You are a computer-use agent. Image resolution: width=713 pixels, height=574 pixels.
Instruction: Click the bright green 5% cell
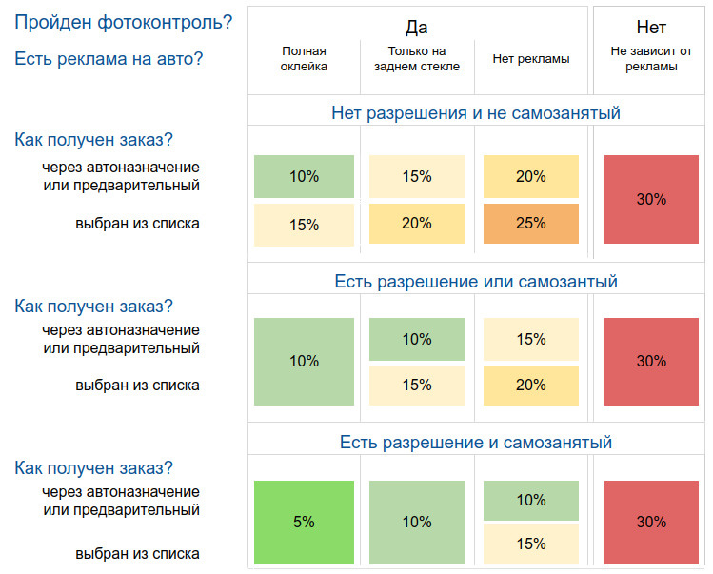pyautogui.click(x=304, y=522)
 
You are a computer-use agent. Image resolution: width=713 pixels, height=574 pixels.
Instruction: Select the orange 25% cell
pyautogui.click(x=530, y=224)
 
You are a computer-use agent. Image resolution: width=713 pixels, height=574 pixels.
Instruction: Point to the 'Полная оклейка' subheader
pyautogui.click(x=304, y=58)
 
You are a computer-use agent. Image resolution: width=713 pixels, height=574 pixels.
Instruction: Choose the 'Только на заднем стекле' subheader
pyautogui.click(x=417, y=58)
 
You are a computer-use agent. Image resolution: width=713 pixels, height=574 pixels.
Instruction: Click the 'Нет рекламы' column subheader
pyautogui.click(x=530, y=59)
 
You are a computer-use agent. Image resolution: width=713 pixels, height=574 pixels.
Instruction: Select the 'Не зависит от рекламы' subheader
pyautogui.click(x=651, y=58)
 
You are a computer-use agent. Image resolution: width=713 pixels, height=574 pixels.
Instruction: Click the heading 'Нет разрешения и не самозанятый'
pyautogui.click(x=476, y=113)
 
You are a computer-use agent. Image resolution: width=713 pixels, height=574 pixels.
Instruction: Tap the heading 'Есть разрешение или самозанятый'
pyautogui.click(x=476, y=282)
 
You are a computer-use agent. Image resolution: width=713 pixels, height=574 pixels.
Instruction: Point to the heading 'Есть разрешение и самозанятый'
pyautogui.click(x=476, y=443)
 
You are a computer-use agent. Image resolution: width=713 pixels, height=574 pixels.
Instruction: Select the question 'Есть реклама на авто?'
pyautogui.click(x=109, y=59)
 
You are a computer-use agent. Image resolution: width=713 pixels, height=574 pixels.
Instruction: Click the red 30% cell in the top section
pyautogui.click(x=651, y=200)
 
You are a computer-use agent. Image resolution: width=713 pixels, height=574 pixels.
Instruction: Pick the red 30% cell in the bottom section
pyautogui.click(x=651, y=522)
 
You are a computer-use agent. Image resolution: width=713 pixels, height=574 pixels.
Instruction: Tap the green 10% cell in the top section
pyautogui.click(x=304, y=176)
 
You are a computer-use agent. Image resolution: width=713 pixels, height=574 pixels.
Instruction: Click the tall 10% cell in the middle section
pyautogui.click(x=304, y=361)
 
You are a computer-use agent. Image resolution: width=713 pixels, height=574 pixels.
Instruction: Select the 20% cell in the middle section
pyautogui.click(x=530, y=386)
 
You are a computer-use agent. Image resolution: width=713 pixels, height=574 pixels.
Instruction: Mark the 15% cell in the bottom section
pyautogui.click(x=530, y=544)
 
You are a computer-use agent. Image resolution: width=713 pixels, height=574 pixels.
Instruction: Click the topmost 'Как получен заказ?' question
pyautogui.click(x=93, y=140)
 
